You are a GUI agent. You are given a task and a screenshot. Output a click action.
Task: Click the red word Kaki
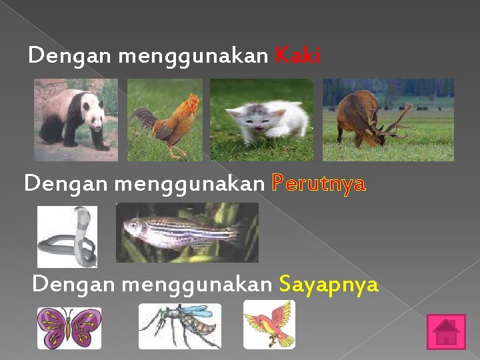[298, 56]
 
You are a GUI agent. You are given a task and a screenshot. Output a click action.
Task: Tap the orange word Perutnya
[319, 183]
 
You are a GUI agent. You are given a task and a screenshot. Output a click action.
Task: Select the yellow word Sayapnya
[329, 285]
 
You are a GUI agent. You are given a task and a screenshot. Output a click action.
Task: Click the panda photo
[75, 120]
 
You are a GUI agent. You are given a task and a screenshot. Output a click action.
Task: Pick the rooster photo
[165, 120]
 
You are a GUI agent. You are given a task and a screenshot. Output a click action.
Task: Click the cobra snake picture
[67, 237]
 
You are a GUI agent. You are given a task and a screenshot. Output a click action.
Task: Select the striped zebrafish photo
[187, 233]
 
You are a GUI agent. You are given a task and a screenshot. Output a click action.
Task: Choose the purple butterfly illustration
[69, 328]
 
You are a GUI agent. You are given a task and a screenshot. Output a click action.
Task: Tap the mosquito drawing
[179, 326]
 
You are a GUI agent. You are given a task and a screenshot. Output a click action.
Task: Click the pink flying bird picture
[269, 324]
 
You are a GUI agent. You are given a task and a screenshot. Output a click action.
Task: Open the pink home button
[446, 331]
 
